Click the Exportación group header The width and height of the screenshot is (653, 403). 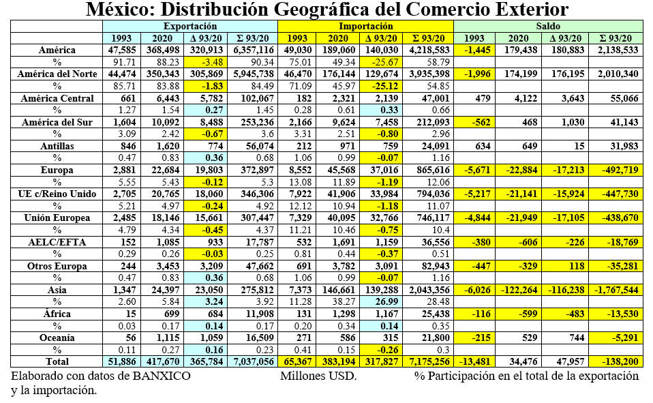pos(190,25)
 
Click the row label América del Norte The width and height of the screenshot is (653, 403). pos(57,74)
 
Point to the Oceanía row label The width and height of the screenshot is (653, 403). pos(57,337)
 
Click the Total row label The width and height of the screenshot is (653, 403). pos(57,361)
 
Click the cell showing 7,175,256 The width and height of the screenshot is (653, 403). pos(431,361)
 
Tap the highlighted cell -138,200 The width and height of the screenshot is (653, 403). pos(616,361)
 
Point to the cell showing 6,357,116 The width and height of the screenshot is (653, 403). pos(254,50)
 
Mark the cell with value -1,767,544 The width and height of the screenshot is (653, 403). pos(616,289)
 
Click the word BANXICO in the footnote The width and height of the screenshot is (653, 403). pos(164,376)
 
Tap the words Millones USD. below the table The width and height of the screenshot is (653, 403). pos(318,376)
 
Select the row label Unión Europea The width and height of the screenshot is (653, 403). pos(57,217)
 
